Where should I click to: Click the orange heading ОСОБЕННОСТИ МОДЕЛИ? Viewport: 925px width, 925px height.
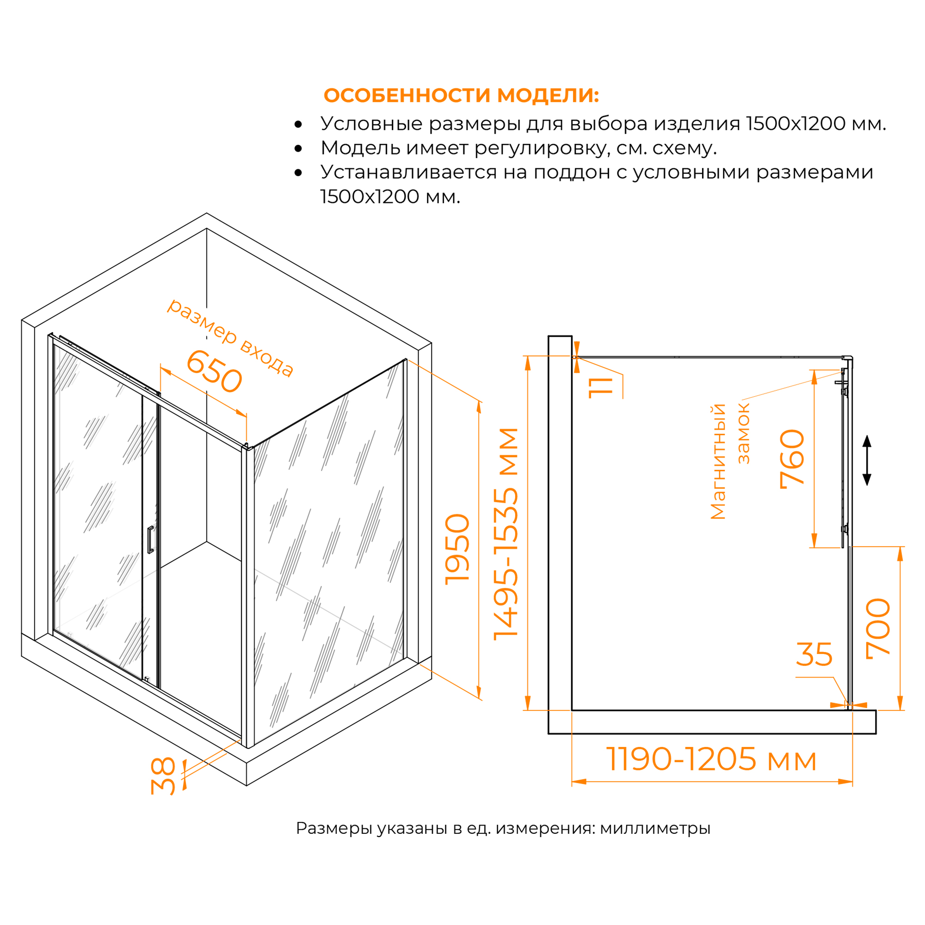[x=461, y=96]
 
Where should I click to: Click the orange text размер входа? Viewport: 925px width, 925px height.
[x=230, y=338]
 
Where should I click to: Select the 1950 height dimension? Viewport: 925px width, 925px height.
[x=457, y=549]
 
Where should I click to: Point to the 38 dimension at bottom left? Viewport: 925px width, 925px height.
[x=164, y=776]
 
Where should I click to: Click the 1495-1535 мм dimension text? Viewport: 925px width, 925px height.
[x=506, y=534]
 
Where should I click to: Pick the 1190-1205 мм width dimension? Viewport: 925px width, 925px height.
[x=711, y=759]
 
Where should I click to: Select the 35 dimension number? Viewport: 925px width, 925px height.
[x=814, y=654]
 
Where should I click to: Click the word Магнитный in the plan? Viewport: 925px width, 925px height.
[x=718, y=462]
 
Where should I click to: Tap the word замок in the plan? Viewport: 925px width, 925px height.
[x=744, y=434]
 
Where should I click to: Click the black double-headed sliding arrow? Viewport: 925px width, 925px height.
[x=867, y=460]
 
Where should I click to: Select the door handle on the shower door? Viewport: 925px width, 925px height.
[x=150, y=540]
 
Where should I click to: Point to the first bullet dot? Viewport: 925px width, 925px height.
[x=298, y=124]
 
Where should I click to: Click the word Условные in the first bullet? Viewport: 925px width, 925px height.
[x=371, y=123]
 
